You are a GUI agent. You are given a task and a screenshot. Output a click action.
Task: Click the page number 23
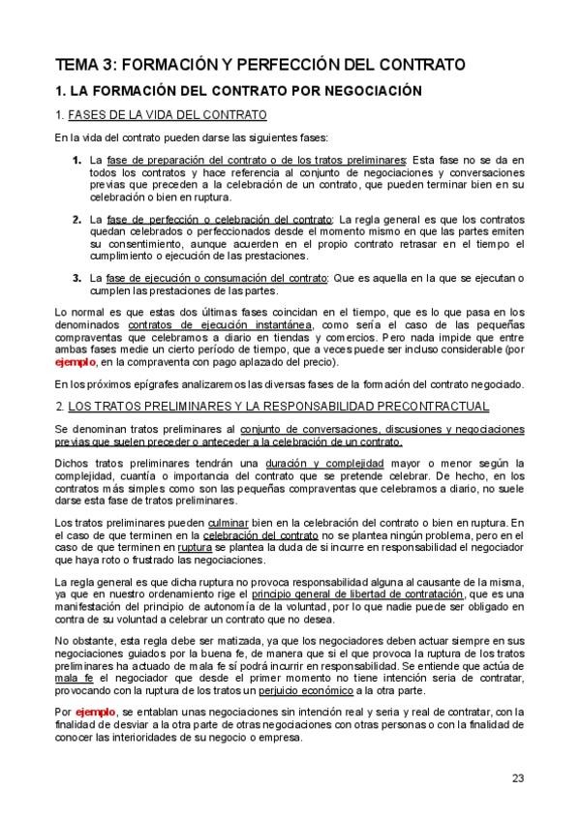click(x=518, y=777)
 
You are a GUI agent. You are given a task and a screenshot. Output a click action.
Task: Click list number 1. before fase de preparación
click(x=76, y=159)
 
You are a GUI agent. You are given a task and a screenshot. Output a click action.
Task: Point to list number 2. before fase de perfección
click(x=76, y=220)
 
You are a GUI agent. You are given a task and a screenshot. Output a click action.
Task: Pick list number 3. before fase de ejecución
click(x=76, y=279)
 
